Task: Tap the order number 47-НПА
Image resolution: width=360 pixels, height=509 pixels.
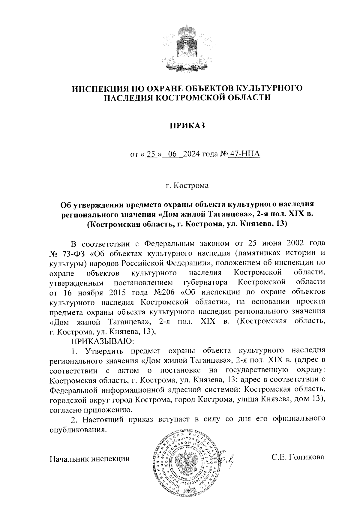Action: [244, 154]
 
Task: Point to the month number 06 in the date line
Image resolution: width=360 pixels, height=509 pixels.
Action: [172, 154]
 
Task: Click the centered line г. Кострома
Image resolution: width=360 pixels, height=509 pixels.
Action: [187, 186]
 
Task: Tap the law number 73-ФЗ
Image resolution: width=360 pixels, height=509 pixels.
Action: [75, 254]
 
